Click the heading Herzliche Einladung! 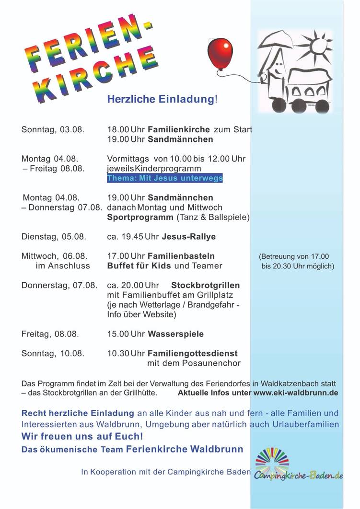[x=162, y=99]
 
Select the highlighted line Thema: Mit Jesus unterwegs [x=165, y=178]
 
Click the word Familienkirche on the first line [x=179, y=129]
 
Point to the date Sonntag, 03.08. [x=53, y=129]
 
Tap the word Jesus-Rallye [x=189, y=236]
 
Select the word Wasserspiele [x=175, y=334]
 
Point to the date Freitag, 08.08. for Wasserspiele [x=50, y=334]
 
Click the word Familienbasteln [x=181, y=256]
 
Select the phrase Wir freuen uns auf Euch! [x=82, y=437]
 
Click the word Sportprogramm [x=140, y=217]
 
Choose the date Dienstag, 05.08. [x=54, y=236]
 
